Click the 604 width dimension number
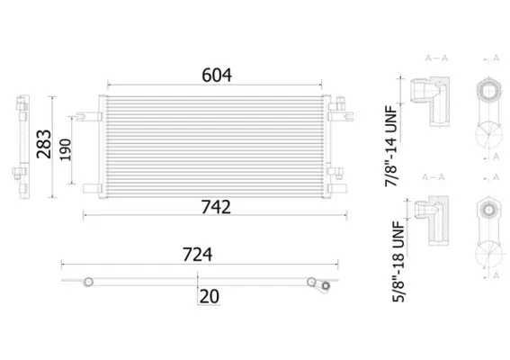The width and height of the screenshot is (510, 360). [x=217, y=76]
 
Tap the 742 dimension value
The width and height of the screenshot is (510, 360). [x=216, y=207]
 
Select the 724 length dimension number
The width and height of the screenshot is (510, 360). [x=197, y=255]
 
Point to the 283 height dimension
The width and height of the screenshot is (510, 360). [x=44, y=144]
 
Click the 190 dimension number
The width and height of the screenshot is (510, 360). [x=66, y=149]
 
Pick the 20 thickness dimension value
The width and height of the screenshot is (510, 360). [x=210, y=296]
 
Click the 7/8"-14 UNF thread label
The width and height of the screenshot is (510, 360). [x=391, y=146]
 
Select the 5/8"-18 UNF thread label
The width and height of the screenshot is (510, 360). [x=398, y=261]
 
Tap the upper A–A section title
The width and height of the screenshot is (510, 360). [x=436, y=58]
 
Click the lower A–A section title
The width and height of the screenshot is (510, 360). [x=434, y=177]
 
